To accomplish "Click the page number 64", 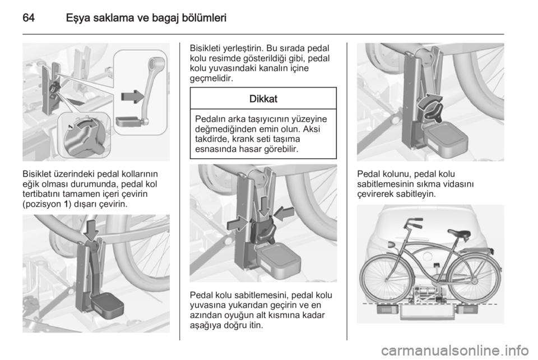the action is [x=29, y=17].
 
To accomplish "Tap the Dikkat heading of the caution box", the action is [x=263, y=99].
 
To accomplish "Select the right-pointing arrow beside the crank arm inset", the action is [x=133, y=97].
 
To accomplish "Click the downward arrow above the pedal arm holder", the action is [x=91, y=230].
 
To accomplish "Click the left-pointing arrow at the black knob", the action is [x=284, y=214].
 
